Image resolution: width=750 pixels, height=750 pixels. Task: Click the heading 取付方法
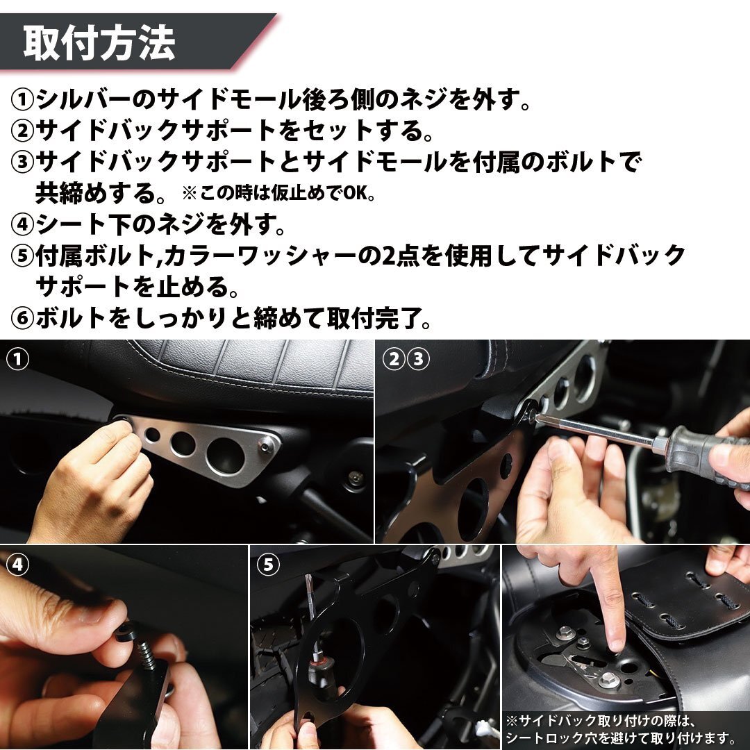pyautogui.click(x=99, y=43)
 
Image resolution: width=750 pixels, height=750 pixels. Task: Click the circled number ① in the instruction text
pyautogui.click(x=22, y=99)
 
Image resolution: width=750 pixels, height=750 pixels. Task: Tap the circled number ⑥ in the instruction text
pyautogui.click(x=22, y=318)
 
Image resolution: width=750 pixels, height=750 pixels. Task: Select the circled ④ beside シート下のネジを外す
pyautogui.click(x=22, y=224)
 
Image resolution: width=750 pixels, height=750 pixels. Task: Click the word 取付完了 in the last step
pyautogui.click(x=374, y=318)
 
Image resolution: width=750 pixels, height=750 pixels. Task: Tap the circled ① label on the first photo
pyautogui.click(x=17, y=359)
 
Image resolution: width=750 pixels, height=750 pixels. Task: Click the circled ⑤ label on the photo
pyautogui.click(x=268, y=565)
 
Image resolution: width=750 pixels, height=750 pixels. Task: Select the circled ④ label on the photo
pyautogui.click(x=17, y=565)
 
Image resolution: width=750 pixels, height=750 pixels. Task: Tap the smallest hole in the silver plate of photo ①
pyautogui.click(x=153, y=434)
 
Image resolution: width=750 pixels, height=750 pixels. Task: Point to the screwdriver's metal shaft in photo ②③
pyautogui.click(x=598, y=431)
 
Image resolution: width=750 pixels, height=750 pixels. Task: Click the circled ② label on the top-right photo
pyautogui.click(x=394, y=359)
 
